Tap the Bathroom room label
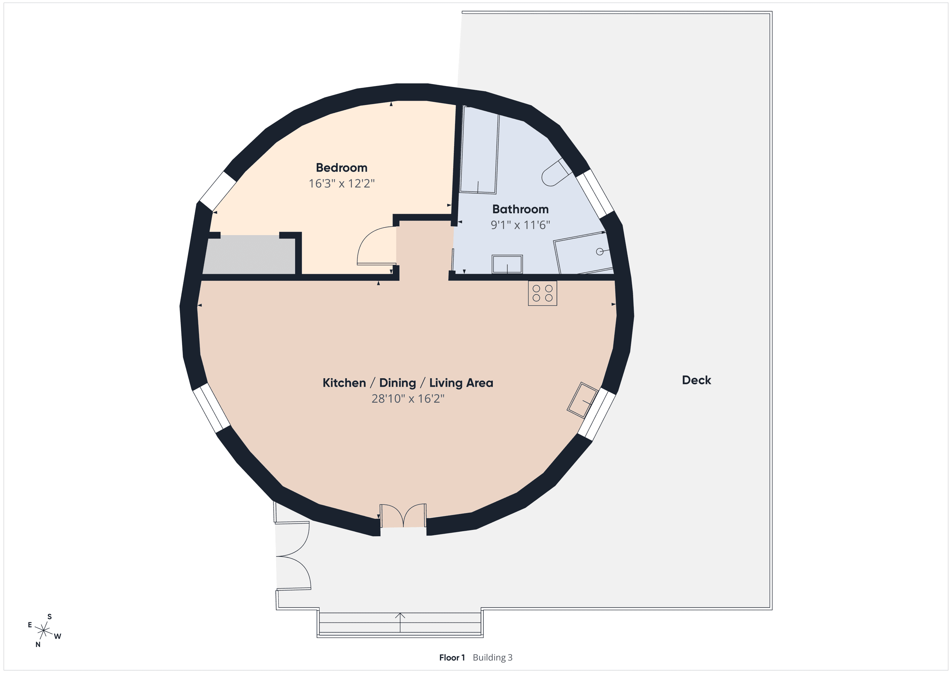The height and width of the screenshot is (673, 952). point(520,209)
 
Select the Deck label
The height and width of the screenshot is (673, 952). point(696,380)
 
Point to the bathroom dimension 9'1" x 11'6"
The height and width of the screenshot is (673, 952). point(520,225)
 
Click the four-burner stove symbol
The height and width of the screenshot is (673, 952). point(542,293)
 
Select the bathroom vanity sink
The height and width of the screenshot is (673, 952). point(507,264)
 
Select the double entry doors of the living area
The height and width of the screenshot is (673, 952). point(403,515)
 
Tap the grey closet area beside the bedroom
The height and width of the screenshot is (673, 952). point(249,254)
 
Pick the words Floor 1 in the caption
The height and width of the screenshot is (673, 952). point(452,658)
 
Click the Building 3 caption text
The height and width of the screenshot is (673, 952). point(493,658)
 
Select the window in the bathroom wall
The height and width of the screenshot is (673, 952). point(595,193)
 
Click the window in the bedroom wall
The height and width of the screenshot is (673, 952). point(218,191)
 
